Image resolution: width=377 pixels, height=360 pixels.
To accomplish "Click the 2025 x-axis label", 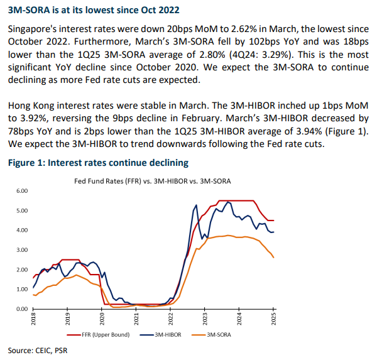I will (273, 320).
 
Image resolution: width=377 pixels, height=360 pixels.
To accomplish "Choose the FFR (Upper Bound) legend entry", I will (106, 335).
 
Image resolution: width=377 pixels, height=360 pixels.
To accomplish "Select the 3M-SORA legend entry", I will (216, 335).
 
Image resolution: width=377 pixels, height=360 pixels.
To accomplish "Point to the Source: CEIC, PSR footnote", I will (37, 350).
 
